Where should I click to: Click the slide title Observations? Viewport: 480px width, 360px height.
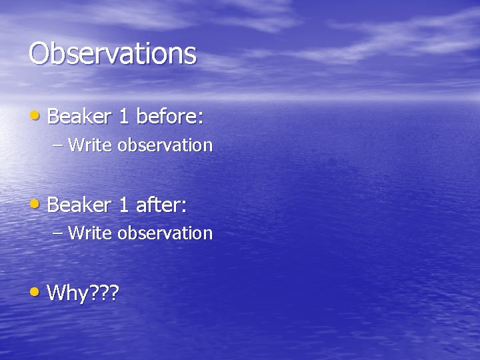coord(113,53)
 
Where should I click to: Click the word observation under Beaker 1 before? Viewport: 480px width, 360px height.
coord(165,145)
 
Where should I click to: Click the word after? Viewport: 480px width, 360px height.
coord(159,205)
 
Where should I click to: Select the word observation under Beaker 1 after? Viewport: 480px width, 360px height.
coord(165,233)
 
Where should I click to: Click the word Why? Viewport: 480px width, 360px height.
coord(69,293)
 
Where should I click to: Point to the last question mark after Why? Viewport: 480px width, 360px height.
coord(113,293)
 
